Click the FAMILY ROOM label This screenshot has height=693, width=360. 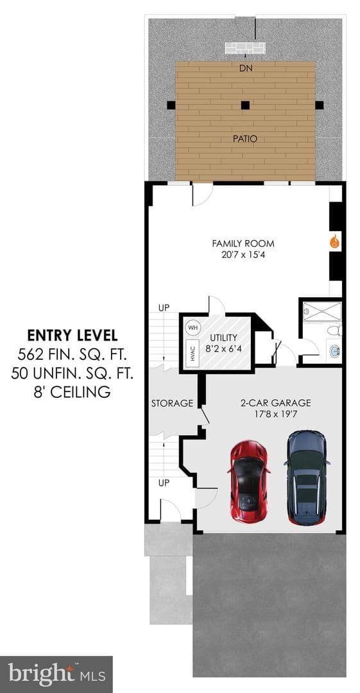pyautogui.click(x=243, y=244)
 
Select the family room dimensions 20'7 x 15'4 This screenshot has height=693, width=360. pyautogui.click(x=243, y=255)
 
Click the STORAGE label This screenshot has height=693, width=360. pyautogui.click(x=172, y=403)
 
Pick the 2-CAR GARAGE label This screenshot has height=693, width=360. pyautogui.click(x=275, y=402)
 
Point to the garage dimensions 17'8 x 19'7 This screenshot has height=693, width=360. pyautogui.click(x=275, y=414)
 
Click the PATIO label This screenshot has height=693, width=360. pyautogui.click(x=245, y=139)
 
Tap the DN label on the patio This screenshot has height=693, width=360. pyautogui.click(x=245, y=69)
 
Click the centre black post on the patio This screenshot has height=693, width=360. pyautogui.click(x=245, y=105)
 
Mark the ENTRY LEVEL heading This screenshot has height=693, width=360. pyautogui.click(x=73, y=336)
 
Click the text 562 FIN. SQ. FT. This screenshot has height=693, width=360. pyautogui.click(x=73, y=354)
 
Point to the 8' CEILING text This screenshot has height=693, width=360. pyautogui.click(x=73, y=391)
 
